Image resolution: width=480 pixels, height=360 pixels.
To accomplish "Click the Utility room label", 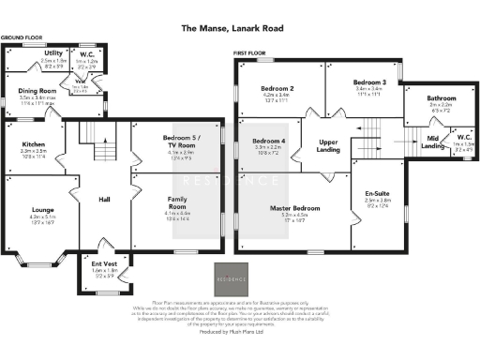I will [x=54, y=53].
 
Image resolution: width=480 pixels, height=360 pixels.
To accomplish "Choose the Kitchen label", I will [x=35, y=144].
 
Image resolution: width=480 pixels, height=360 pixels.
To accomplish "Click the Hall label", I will [x=105, y=199].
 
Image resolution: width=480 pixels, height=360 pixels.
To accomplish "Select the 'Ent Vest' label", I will [x=104, y=263].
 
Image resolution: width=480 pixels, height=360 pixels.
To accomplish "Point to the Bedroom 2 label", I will [x=278, y=89].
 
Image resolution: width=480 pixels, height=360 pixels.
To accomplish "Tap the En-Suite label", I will [x=377, y=194].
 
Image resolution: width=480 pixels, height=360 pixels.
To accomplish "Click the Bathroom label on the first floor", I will [x=442, y=97].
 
